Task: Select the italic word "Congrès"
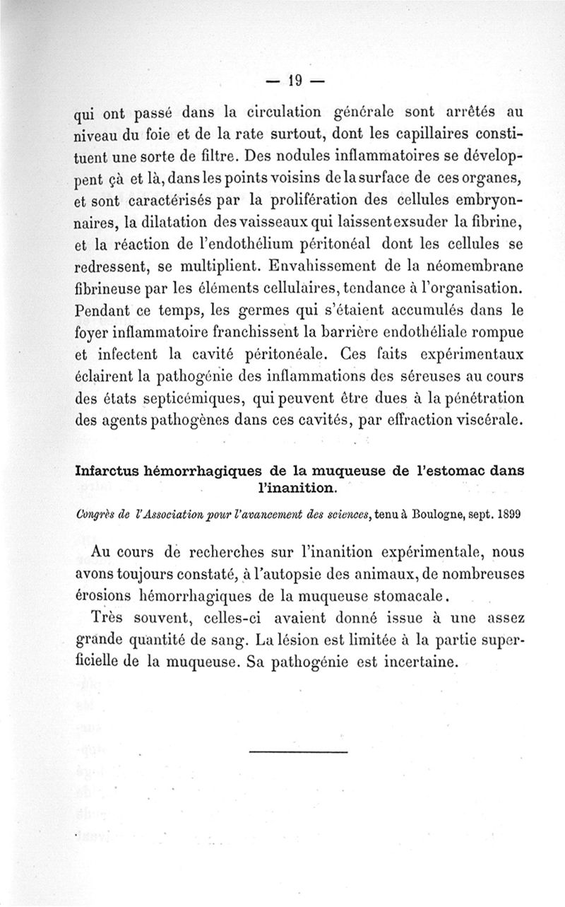(x=95, y=514)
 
